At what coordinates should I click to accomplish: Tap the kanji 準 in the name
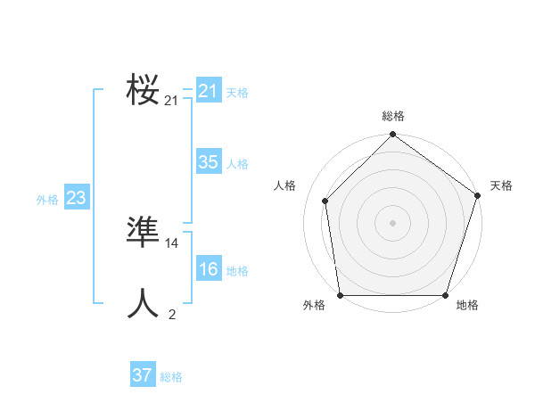click(x=143, y=233)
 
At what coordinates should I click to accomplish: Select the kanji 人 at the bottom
click(x=143, y=303)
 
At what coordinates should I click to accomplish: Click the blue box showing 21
click(x=208, y=91)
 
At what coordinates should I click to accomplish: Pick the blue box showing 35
click(x=208, y=162)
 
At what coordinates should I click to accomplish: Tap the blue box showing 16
click(x=208, y=270)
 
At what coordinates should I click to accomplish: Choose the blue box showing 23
click(x=76, y=198)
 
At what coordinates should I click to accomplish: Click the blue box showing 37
click(x=142, y=375)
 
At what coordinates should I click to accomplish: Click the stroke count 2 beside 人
click(x=171, y=314)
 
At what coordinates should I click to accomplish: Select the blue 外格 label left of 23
click(x=47, y=200)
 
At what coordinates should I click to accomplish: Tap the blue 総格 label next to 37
click(x=171, y=377)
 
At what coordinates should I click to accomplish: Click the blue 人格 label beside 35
click(x=237, y=164)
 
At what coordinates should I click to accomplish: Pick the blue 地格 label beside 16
click(x=237, y=271)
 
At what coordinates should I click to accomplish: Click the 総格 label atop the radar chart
click(x=393, y=117)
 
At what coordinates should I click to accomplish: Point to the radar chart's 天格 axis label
click(x=501, y=185)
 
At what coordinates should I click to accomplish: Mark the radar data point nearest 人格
click(x=325, y=201)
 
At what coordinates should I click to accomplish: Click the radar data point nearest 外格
click(x=341, y=295)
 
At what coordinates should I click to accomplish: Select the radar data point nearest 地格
click(x=445, y=295)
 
